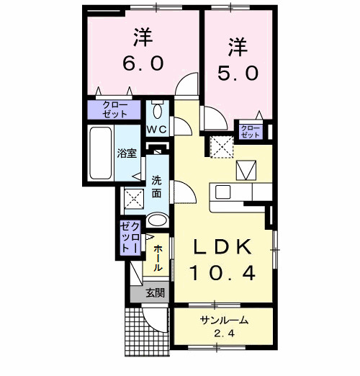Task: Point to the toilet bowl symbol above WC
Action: tap(158, 111)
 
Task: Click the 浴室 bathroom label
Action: tap(126, 153)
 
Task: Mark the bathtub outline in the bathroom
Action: tap(100, 153)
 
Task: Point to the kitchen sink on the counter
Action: tap(221, 193)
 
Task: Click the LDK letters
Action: tap(221, 247)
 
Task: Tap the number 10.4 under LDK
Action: tap(221, 273)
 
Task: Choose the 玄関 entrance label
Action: tap(154, 292)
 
